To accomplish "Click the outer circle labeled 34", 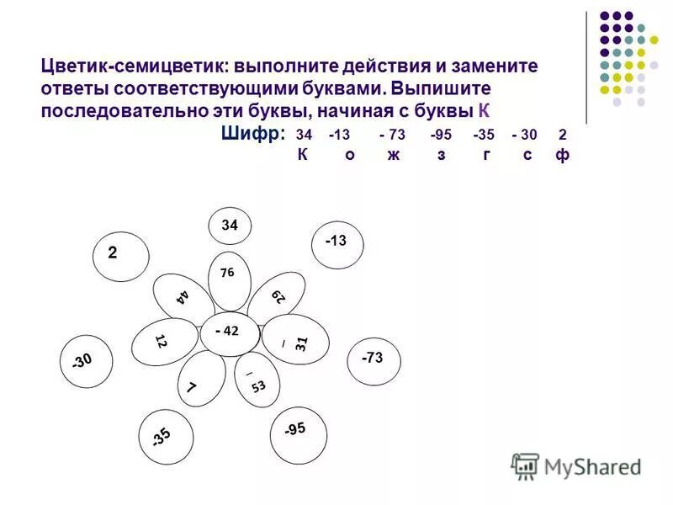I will (x=230, y=226).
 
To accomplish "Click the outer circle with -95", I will (x=296, y=431).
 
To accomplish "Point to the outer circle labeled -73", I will (x=374, y=359).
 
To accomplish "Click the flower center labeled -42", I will (x=228, y=331).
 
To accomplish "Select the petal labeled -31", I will (x=291, y=339).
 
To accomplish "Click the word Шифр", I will (x=253, y=134).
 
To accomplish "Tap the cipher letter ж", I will (x=394, y=156).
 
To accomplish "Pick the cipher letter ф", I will (x=562, y=156).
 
